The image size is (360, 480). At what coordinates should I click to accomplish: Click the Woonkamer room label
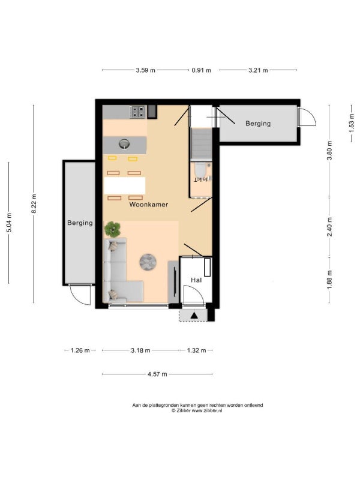(x=148, y=205)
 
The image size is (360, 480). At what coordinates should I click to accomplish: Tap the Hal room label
(x=196, y=280)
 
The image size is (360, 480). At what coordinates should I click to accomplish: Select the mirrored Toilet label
(x=202, y=179)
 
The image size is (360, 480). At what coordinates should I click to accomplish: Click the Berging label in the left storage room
(x=80, y=223)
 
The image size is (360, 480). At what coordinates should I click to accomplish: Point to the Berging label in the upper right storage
(x=258, y=124)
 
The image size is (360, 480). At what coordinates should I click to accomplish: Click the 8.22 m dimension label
(x=34, y=204)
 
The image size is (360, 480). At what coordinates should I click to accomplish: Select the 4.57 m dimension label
(x=157, y=374)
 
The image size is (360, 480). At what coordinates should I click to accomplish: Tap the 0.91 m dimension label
(x=201, y=70)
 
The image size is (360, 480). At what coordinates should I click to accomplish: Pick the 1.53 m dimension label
(x=352, y=123)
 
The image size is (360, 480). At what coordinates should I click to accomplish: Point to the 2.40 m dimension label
(x=329, y=227)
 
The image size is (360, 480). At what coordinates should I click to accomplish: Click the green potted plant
(x=112, y=229)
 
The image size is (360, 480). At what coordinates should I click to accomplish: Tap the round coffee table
(x=148, y=262)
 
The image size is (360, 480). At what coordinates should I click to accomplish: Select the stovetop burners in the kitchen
(x=137, y=112)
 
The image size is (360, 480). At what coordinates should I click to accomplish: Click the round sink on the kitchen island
(x=124, y=143)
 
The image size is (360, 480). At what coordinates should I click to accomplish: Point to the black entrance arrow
(x=194, y=316)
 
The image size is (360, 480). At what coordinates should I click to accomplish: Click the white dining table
(x=125, y=185)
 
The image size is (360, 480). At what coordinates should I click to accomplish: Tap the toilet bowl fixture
(x=200, y=169)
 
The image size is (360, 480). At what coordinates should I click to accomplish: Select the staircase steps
(x=201, y=144)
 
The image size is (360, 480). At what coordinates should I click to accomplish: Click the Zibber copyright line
(x=197, y=411)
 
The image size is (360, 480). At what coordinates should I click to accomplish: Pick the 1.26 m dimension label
(x=80, y=350)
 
